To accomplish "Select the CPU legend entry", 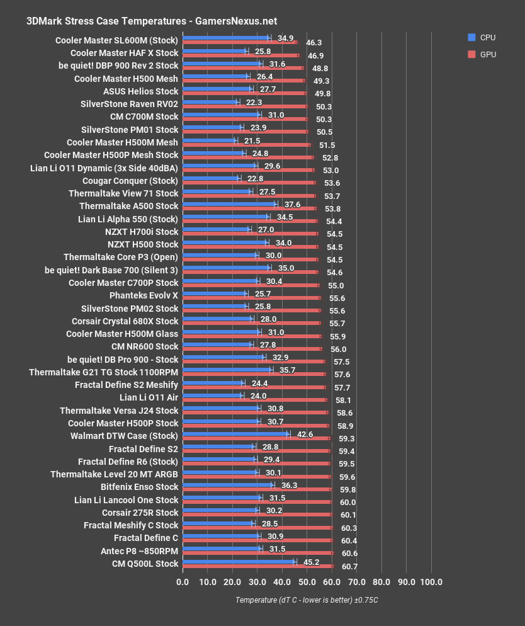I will click(481, 38).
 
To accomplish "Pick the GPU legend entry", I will click(481, 55).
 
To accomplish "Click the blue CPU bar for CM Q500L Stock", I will click(238, 561).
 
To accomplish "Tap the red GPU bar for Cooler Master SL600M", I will click(239, 43).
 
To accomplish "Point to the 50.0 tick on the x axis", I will click(307, 581).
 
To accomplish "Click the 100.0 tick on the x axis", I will click(431, 581).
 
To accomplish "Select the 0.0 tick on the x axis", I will click(183, 581).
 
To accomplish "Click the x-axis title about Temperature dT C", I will click(307, 600).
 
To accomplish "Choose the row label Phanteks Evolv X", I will click(144, 295).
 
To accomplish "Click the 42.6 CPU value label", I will click(305, 434).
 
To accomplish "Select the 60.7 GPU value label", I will click(349, 567).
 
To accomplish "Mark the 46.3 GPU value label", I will click(314, 43).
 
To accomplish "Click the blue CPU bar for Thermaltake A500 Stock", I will click(229, 203).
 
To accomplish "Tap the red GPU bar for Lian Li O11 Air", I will click(254, 400).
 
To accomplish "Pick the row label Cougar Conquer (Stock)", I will click(130, 180).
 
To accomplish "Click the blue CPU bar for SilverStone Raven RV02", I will click(210, 101).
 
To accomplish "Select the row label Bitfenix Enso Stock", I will click(140, 487).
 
